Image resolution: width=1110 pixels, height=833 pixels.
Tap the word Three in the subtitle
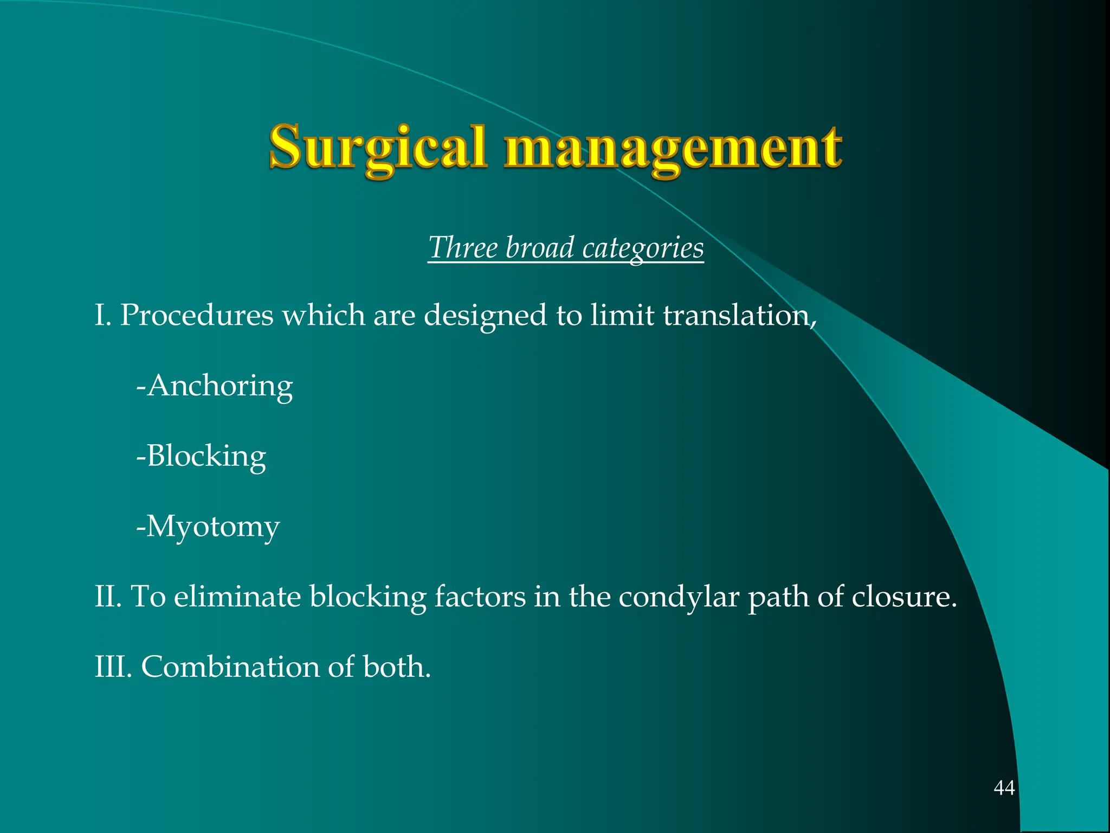[x=463, y=248]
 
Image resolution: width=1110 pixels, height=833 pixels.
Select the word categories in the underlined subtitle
[x=643, y=248]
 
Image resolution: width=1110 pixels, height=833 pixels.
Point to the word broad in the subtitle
[x=539, y=248]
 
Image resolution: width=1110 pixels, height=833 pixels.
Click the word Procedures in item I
[x=196, y=315]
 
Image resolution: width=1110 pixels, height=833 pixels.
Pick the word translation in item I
[x=738, y=315]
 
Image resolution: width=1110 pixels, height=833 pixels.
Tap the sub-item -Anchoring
[x=215, y=386]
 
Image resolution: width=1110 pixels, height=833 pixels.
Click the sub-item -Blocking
[x=201, y=456]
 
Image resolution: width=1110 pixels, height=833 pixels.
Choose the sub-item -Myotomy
[x=208, y=527]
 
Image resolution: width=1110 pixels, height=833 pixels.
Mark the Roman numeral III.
[x=112, y=667]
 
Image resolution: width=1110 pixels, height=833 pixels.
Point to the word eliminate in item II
[x=237, y=596]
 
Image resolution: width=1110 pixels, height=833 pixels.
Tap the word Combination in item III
[x=230, y=667]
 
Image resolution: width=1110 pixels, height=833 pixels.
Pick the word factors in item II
[x=480, y=596]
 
